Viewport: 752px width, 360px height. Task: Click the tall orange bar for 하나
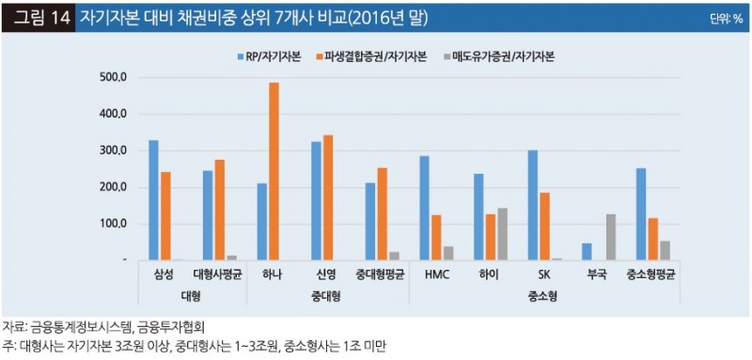pos(274,171)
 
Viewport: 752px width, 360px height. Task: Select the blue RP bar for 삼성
pos(153,200)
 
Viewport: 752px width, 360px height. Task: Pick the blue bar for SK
pos(532,205)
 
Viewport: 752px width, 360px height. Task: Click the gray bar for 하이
pos(502,234)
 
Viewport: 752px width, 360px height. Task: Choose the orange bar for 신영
pos(328,197)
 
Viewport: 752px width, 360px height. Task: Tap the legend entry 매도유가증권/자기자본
pos(498,56)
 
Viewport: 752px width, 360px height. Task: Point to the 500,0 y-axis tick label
pos(111,77)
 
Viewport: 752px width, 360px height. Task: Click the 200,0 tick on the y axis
pos(111,187)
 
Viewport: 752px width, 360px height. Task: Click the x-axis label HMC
pos(436,274)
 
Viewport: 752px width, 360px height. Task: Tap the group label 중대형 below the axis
pos(327,295)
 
